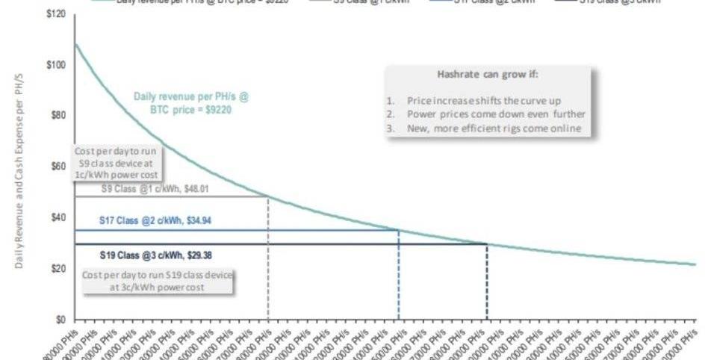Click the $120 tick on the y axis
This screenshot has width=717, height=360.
(x=55, y=14)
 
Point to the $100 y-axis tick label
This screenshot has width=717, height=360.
(x=55, y=65)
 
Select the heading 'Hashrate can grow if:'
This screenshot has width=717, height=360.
(x=487, y=75)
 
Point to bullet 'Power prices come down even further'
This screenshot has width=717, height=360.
(x=497, y=114)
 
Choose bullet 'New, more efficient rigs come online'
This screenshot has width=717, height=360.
(x=493, y=128)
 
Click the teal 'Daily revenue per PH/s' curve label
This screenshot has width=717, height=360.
(x=191, y=102)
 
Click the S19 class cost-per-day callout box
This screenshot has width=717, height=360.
(x=157, y=282)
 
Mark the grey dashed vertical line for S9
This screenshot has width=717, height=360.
(x=268, y=261)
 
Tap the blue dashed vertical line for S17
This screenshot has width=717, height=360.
(x=399, y=276)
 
